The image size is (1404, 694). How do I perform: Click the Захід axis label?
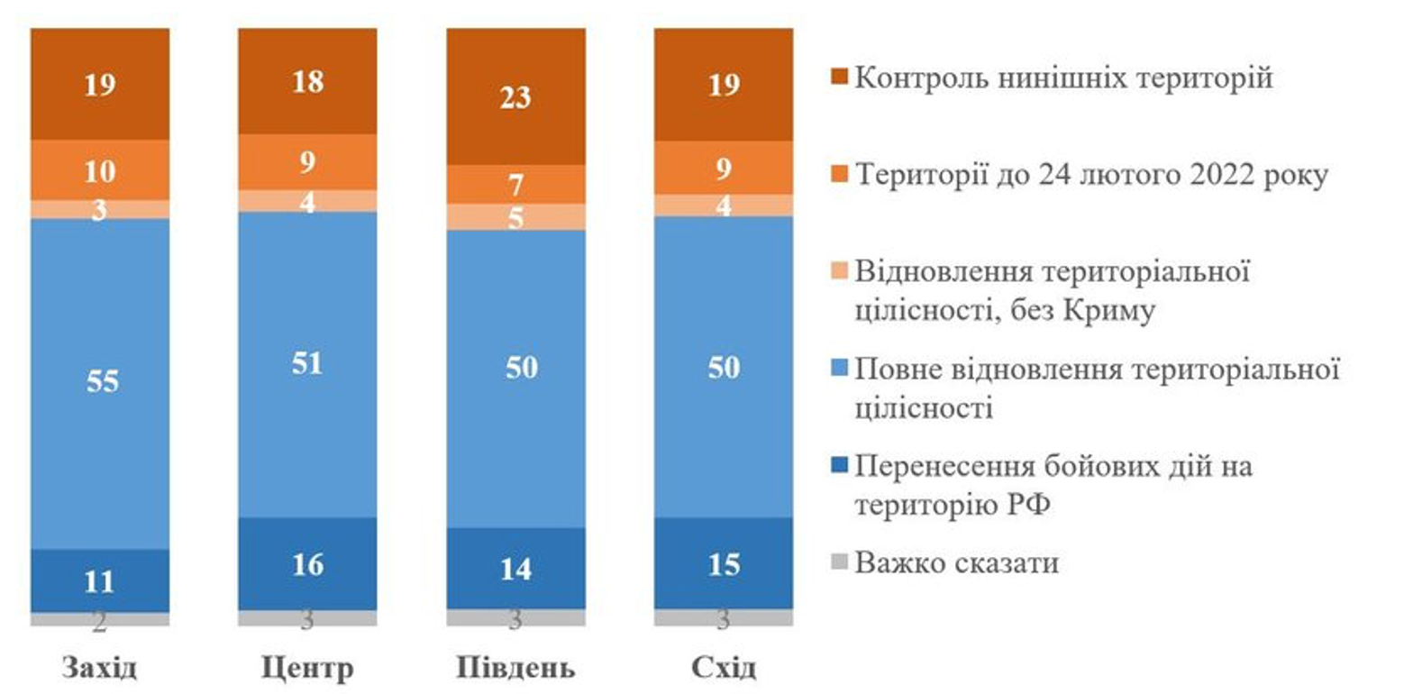pos(99,669)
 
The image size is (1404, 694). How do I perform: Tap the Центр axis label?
pos(307,669)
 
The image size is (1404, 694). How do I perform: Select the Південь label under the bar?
pos(515,669)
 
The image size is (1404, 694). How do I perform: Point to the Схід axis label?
pos(724,669)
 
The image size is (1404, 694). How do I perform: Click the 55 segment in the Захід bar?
pos(99,382)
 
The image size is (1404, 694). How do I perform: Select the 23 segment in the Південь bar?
pos(515,96)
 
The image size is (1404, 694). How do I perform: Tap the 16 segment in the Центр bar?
pos(307,564)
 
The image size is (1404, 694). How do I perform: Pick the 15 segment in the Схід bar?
pos(724,563)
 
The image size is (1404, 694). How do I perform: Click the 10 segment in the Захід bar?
pos(99,169)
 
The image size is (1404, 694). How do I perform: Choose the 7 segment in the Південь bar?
pos(515,185)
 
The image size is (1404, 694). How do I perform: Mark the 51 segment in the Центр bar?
pos(307,364)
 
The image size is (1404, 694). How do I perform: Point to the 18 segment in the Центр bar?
pos(307,81)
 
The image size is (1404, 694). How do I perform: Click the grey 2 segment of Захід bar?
pos(99,620)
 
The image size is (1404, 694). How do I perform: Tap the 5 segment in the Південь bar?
pos(515,217)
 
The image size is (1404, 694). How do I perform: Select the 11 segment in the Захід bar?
pos(99,580)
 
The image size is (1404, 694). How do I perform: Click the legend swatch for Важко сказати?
pos(837,565)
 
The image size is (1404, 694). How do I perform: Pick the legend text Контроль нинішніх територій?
pos(1063,78)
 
